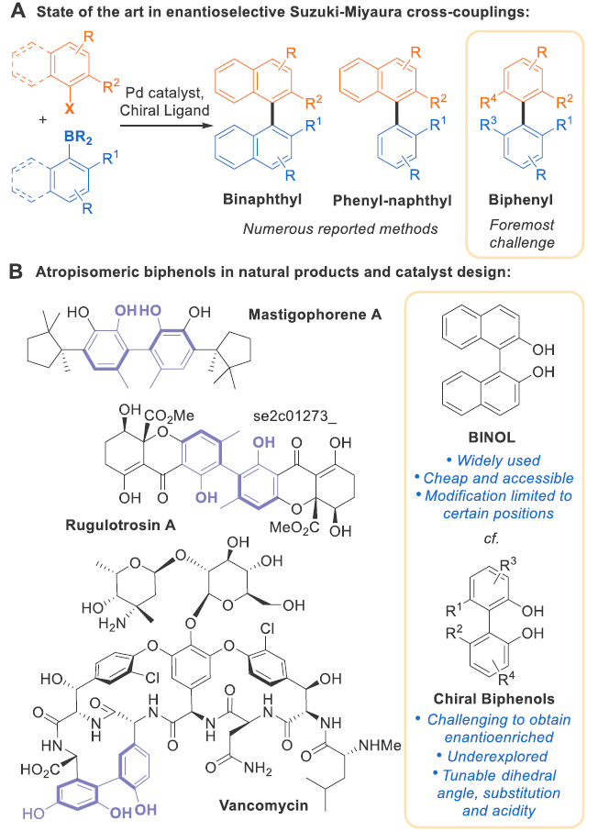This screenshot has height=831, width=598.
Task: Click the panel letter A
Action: pos(15,13)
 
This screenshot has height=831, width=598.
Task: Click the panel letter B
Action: pos(15,272)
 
